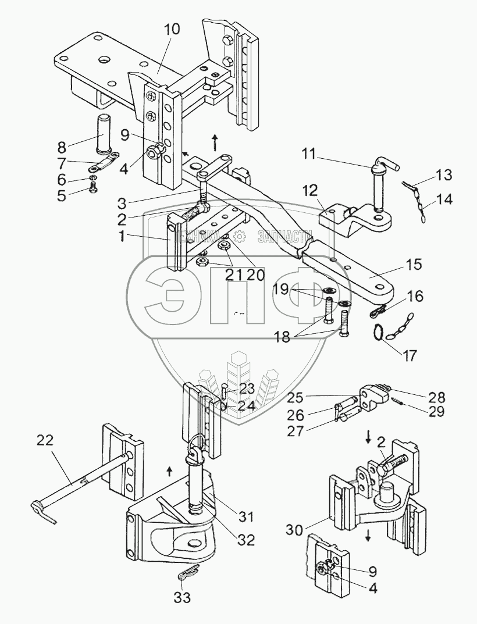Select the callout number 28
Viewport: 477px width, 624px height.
pyautogui.click(x=436, y=398)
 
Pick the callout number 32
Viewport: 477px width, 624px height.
pyautogui.click(x=246, y=540)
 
